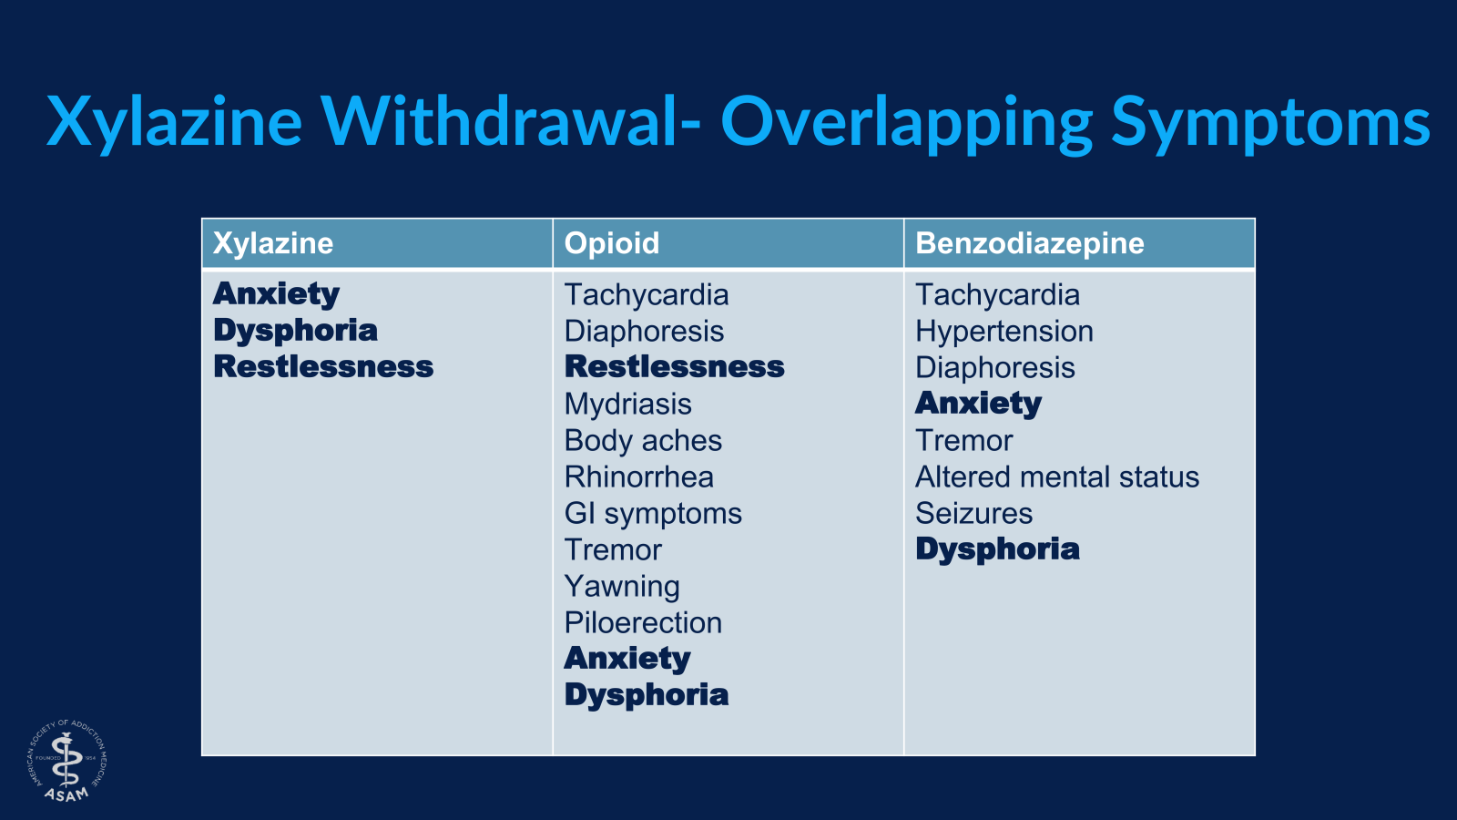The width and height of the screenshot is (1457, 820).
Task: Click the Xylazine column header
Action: point(273,244)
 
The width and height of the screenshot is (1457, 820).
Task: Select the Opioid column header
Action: point(611,243)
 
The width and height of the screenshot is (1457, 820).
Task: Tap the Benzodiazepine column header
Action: point(1030,244)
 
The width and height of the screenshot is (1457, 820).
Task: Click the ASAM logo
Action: point(67,760)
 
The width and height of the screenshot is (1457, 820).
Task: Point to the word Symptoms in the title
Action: point(1270,124)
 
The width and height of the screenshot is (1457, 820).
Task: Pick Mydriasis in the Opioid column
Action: point(627,405)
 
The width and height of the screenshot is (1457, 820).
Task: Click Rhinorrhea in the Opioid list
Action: point(638,477)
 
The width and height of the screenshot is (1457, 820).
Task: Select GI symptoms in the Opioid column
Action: point(653,514)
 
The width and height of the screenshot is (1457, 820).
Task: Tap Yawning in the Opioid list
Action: point(622,587)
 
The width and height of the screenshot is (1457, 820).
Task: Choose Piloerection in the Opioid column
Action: point(643,623)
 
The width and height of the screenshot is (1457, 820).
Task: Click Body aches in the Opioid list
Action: point(643,441)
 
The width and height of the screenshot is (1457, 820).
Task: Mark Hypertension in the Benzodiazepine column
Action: point(1004,332)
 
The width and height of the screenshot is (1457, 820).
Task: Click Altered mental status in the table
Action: point(1057,477)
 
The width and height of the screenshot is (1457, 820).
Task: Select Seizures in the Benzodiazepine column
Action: point(973,514)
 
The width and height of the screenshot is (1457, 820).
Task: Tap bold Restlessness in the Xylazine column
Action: point(323,366)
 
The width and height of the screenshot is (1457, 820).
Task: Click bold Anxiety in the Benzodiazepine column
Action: point(978,405)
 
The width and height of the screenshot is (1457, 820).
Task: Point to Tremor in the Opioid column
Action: point(613,550)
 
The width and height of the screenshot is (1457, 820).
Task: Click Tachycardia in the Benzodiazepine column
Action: point(997,295)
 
